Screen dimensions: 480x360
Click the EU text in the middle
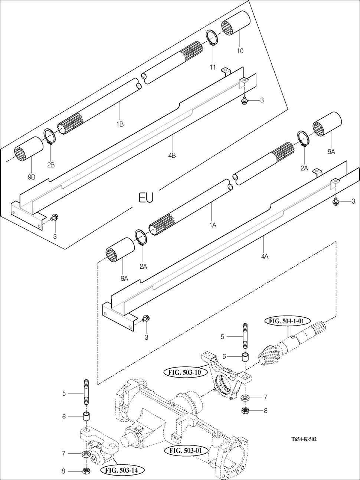click(x=146, y=197)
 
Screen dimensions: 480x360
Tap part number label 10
click(x=240, y=51)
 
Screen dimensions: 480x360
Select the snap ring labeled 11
click(x=212, y=39)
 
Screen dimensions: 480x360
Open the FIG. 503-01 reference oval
click(x=184, y=451)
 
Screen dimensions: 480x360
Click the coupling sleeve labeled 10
click(x=235, y=24)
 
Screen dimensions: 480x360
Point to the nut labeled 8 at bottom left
click(x=86, y=471)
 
